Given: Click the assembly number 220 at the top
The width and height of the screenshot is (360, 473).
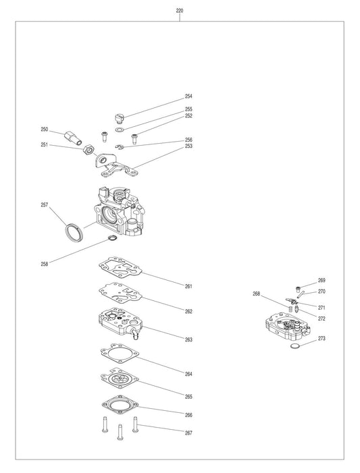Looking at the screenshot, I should (179, 11).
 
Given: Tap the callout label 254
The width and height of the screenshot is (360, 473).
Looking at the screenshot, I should (188, 96).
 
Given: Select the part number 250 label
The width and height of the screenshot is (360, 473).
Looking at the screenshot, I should (45, 129).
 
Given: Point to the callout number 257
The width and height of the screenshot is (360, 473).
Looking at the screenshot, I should (45, 204).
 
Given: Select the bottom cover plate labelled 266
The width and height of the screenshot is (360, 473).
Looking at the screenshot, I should (121, 404).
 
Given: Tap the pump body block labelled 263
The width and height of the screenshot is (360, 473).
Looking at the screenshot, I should (120, 322).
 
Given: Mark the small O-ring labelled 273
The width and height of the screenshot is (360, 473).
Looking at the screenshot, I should (295, 346).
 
